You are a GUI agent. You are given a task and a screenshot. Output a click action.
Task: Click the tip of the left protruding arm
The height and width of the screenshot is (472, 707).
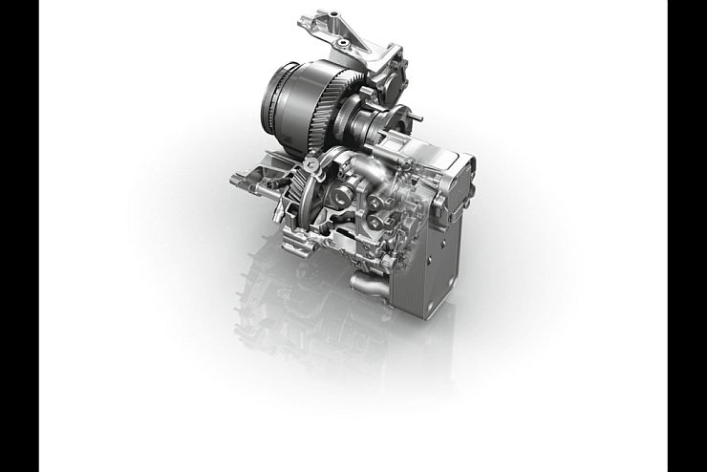click(235, 178)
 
